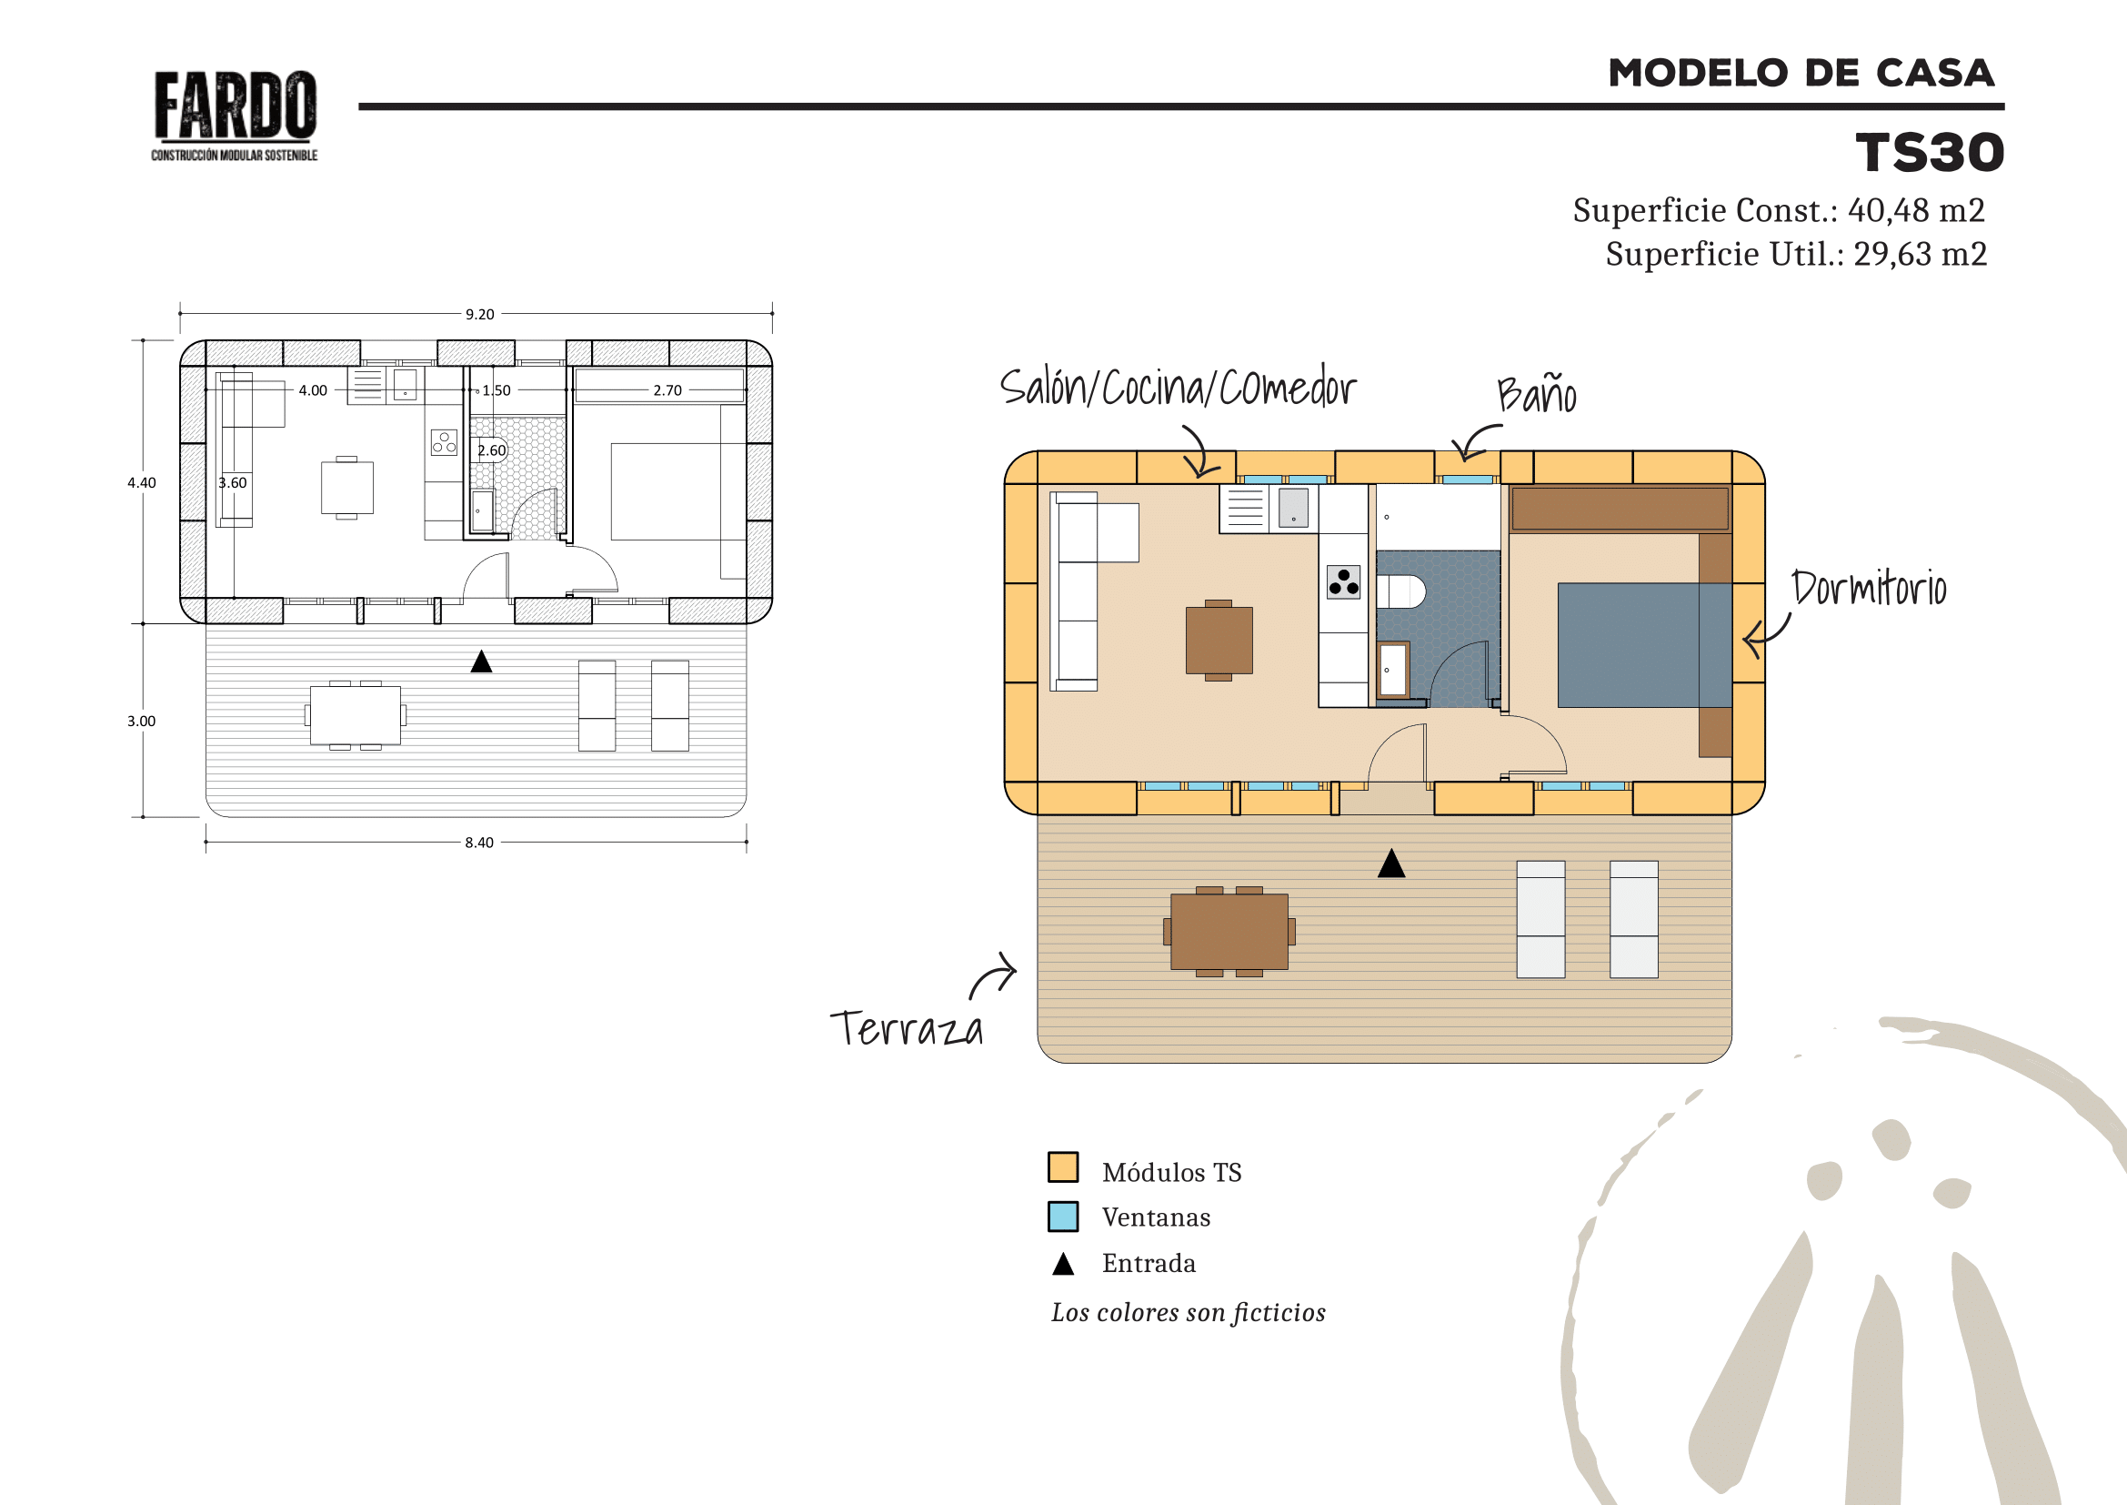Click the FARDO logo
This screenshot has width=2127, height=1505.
coord(235,116)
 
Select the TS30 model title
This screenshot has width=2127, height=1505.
coord(1930,153)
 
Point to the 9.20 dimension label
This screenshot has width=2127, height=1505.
coord(480,314)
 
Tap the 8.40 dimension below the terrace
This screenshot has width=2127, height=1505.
coord(479,843)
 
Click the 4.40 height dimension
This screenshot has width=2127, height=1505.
coord(142,483)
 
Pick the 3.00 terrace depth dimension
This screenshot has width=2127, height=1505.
coord(142,721)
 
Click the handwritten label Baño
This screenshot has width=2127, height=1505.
coord(1537,394)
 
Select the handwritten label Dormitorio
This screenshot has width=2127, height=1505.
coord(1869,588)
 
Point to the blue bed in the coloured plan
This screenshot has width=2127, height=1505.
coord(1644,645)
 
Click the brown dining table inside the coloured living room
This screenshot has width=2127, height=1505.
coord(1219,641)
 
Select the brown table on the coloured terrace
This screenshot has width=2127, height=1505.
coord(1229,932)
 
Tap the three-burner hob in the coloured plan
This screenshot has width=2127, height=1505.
coord(1343,582)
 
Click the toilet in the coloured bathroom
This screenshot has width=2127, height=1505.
coord(1400,591)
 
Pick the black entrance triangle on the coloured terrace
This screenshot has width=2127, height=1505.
coord(1391,864)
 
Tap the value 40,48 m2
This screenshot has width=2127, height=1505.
coord(1916,210)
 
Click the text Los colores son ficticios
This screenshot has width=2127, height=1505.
coord(1189,1312)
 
